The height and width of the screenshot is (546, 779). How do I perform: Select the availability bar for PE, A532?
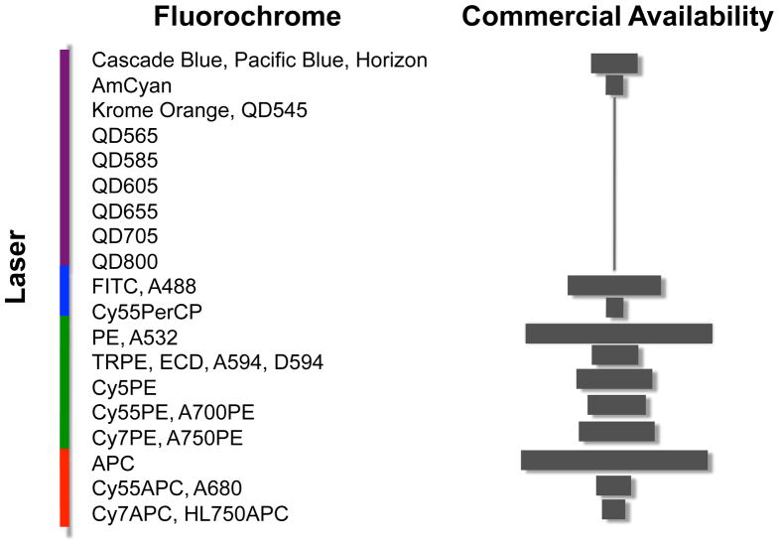[x=618, y=334]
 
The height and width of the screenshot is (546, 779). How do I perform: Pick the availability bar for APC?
[x=613, y=460]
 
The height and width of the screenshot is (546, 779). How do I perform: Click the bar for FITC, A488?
[x=613, y=285]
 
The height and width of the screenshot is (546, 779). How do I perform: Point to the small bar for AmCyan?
[x=614, y=85]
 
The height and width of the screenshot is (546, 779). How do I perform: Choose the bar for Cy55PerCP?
[x=614, y=308]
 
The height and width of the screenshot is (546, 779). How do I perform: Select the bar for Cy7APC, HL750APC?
[x=613, y=509]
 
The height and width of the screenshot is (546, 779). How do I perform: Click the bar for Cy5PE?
[x=613, y=378]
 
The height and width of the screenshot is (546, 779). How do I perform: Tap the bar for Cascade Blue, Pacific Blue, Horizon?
[x=613, y=63]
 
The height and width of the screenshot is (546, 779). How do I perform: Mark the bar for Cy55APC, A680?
[x=613, y=485]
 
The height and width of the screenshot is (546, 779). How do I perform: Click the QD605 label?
[x=124, y=186]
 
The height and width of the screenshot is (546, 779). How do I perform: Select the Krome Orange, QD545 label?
[x=198, y=110]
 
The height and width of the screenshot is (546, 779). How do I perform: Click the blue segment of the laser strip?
[x=65, y=290]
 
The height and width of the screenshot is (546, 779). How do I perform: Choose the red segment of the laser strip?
[x=65, y=486]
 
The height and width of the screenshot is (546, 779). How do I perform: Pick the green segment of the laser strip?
[x=65, y=381]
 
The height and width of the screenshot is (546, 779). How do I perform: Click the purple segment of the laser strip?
[x=65, y=159]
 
